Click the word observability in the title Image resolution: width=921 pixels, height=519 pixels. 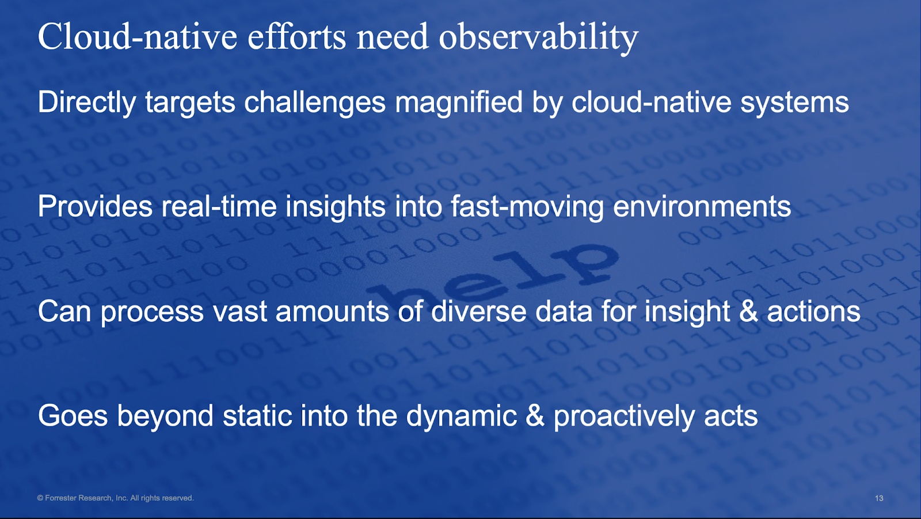[x=539, y=38]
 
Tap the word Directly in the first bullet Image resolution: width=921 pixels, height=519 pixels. [x=87, y=103]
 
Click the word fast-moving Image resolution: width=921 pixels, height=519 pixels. [x=527, y=207]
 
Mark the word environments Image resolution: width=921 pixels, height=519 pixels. [x=702, y=207]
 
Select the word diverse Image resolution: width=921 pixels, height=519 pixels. [x=478, y=310]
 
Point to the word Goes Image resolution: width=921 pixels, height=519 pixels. [x=73, y=416]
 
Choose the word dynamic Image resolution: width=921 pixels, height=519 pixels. [x=461, y=416]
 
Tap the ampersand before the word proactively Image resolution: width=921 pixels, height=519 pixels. [x=535, y=415]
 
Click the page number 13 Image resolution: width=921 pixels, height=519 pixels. [x=879, y=498]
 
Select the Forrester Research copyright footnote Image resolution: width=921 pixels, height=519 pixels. [x=115, y=498]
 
